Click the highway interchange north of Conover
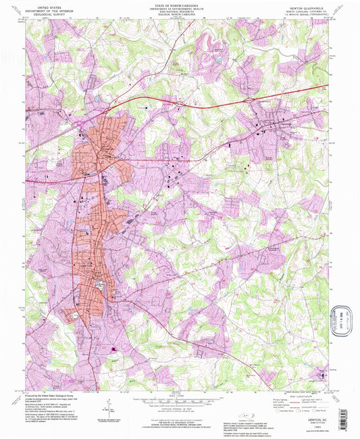coord(251,101)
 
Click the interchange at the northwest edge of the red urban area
coord(80,124)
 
